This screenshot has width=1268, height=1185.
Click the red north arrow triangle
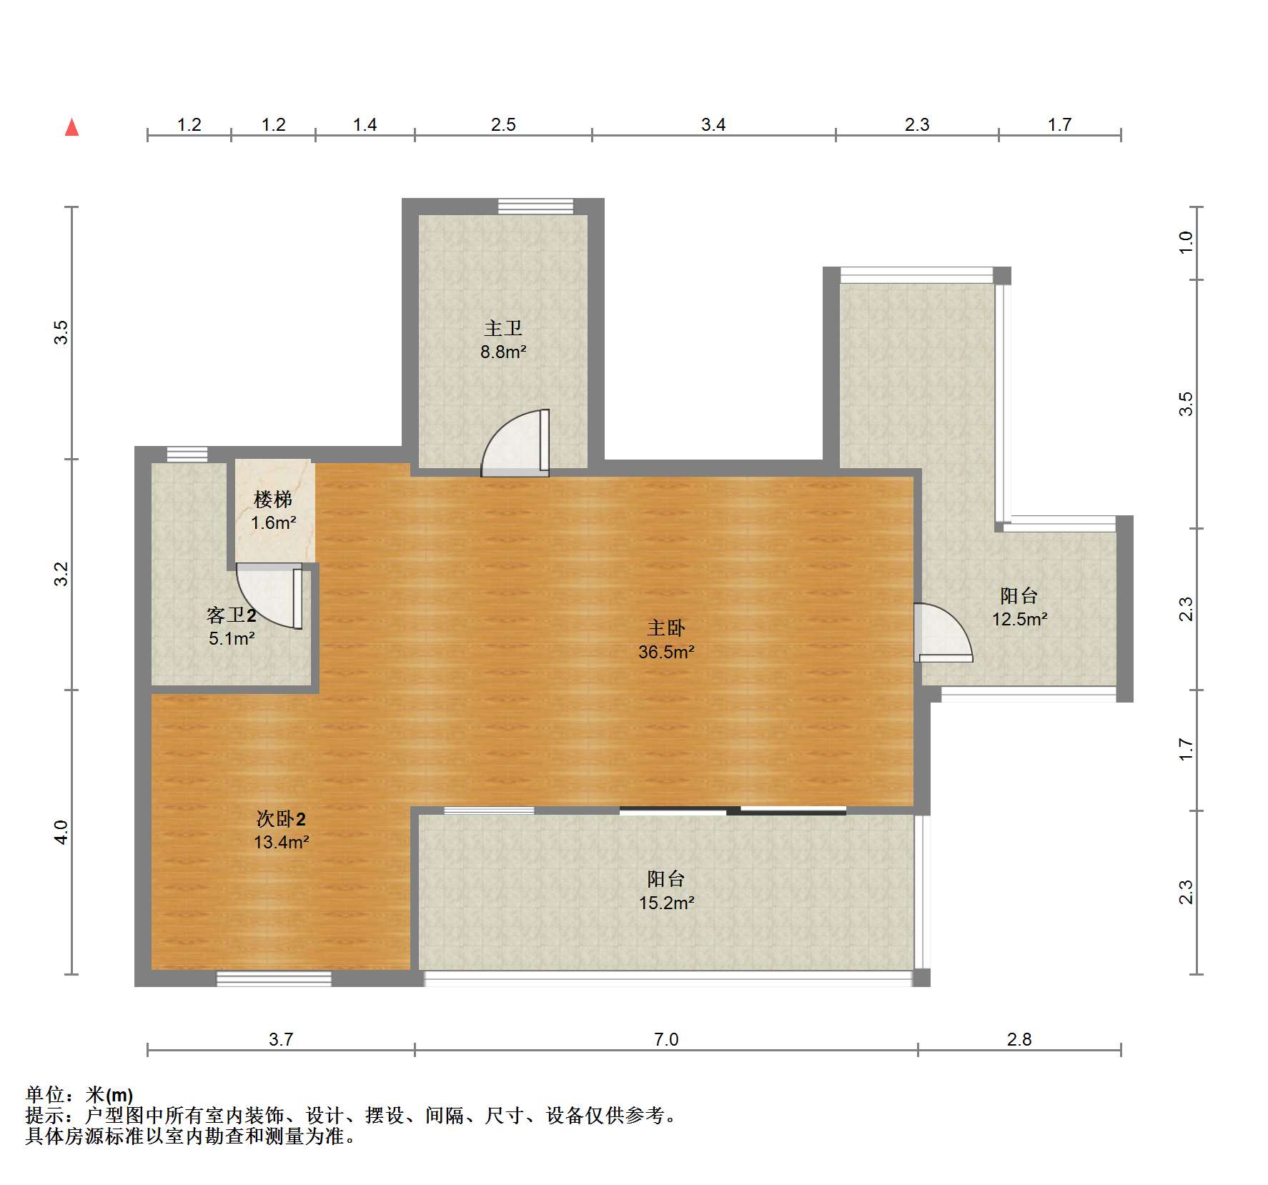click(x=71, y=127)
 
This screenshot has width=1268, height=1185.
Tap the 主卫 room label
click(x=503, y=328)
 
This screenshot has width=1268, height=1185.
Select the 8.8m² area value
click(x=503, y=352)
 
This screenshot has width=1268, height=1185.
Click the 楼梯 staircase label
click(x=273, y=499)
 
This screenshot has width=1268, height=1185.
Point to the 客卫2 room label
click(x=232, y=615)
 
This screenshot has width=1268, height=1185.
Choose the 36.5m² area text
click(x=666, y=652)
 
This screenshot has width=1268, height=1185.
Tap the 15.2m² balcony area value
click(x=666, y=903)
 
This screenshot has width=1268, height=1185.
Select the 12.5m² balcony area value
click(x=1019, y=619)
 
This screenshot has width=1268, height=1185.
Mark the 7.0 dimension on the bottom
click(x=666, y=1039)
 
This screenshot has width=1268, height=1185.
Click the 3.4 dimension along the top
click(x=713, y=125)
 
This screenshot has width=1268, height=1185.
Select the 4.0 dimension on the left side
click(x=61, y=832)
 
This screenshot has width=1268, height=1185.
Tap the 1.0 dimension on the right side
click(x=1186, y=242)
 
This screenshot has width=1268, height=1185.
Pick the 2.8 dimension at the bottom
click(x=1019, y=1039)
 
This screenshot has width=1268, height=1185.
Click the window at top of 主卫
click(x=535, y=206)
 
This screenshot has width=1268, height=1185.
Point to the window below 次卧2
click(x=274, y=979)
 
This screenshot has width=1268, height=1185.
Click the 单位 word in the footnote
click(x=44, y=1094)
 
